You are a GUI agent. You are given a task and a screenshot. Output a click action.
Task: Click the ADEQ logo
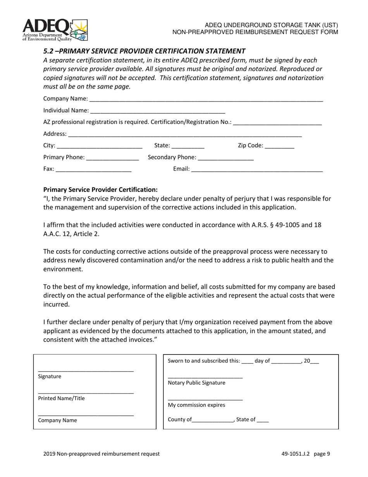tap(55, 30)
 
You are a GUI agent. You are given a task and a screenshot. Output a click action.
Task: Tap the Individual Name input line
tap(157, 111)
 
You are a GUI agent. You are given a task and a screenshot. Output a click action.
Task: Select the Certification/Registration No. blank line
tap(277, 123)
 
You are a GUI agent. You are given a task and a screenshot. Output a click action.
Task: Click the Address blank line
tap(185, 134)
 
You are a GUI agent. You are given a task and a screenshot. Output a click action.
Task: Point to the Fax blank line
tap(94, 169)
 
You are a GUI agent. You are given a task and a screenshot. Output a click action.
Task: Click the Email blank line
tap(257, 169)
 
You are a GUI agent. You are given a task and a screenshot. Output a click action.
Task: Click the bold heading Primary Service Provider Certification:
tap(100, 190)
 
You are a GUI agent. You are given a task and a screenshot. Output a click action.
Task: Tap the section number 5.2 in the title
tap(48, 51)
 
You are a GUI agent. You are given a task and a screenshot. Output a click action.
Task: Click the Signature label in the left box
tap(50, 377)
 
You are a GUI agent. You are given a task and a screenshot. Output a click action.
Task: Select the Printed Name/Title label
tap(61, 398)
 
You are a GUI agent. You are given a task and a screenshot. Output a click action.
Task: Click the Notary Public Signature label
tap(196, 383)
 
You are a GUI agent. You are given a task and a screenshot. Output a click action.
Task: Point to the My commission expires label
tap(196, 405)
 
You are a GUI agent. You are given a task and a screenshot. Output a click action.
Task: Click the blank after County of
tap(213, 420)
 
